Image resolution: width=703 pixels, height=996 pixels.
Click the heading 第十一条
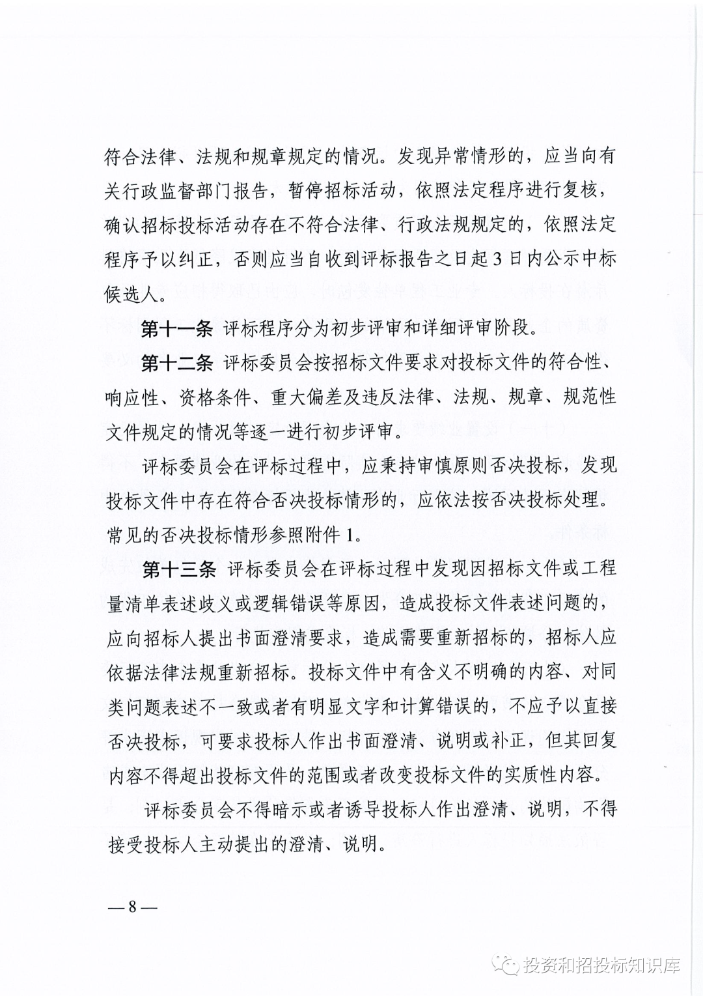[177, 328]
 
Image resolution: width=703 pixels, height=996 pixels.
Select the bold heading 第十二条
[177, 363]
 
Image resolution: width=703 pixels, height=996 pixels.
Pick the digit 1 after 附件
[352, 535]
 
